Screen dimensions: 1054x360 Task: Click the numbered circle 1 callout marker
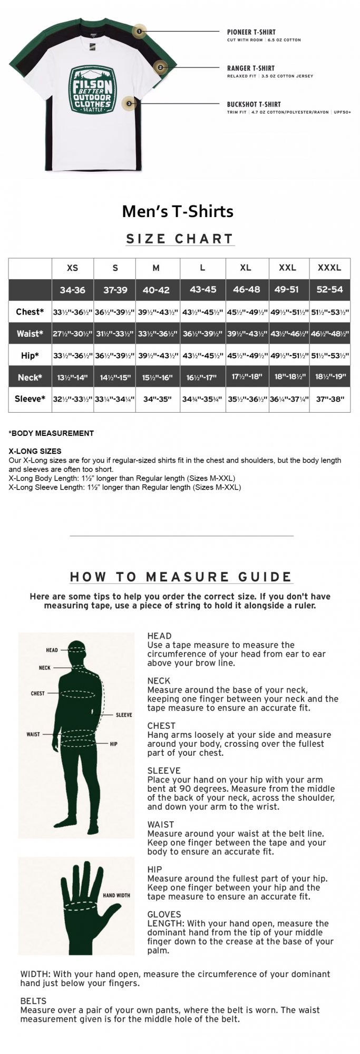point(139,32)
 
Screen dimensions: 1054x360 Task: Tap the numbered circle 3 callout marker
point(129,104)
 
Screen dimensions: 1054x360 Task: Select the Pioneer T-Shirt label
point(251,32)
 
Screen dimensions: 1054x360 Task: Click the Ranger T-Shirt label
point(250,68)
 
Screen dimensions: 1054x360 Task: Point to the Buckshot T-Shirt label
point(254,104)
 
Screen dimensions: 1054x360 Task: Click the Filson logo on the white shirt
point(92,89)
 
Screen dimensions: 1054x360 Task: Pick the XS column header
point(72,268)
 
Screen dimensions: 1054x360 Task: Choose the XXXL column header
point(329,268)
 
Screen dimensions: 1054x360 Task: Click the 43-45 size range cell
point(203,290)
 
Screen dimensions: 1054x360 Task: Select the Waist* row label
point(30,334)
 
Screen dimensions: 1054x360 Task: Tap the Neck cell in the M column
point(158,377)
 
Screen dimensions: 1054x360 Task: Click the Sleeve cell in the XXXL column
point(329,399)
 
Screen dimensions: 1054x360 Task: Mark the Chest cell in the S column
point(114,312)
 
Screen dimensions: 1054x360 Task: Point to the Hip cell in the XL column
point(247,356)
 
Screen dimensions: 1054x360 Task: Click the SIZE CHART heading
point(180,239)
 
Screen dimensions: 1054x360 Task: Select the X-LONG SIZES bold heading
point(35,451)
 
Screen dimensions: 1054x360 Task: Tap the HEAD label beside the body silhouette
point(52,650)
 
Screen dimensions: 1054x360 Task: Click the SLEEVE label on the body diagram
point(124,715)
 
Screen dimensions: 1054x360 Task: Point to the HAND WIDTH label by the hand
point(116,895)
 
